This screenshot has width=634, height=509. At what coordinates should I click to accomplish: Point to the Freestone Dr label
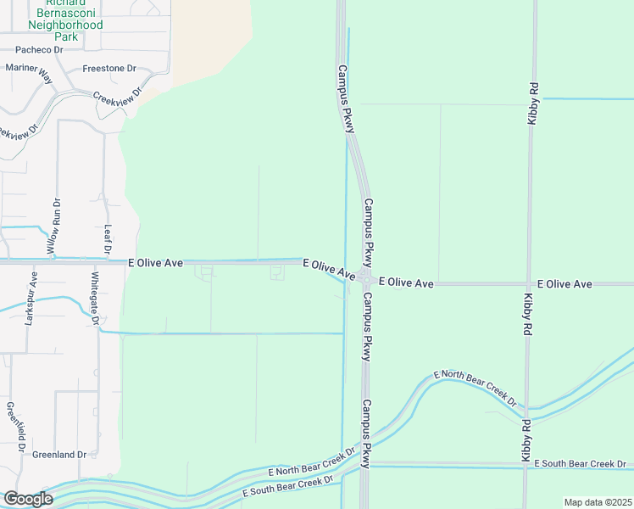pyautogui.click(x=109, y=68)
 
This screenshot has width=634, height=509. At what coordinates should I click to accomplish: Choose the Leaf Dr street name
pyautogui.click(x=107, y=239)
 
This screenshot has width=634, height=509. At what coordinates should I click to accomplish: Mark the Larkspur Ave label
pyautogui.click(x=31, y=299)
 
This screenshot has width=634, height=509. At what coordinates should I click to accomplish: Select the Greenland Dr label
pyautogui.click(x=59, y=455)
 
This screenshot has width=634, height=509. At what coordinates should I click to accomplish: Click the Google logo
pyautogui.click(x=27, y=499)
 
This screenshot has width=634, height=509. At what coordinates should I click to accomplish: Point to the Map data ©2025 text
pyautogui.click(x=598, y=502)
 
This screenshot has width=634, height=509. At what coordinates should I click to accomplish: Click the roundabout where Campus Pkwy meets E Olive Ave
pyautogui.click(x=366, y=278)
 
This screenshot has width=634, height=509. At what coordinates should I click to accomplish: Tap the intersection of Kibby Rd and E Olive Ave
pyautogui.click(x=529, y=283)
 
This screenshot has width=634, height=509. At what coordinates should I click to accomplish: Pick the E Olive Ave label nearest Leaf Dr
pyautogui.click(x=156, y=264)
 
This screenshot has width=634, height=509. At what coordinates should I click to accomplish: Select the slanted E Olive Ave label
pyautogui.click(x=329, y=270)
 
